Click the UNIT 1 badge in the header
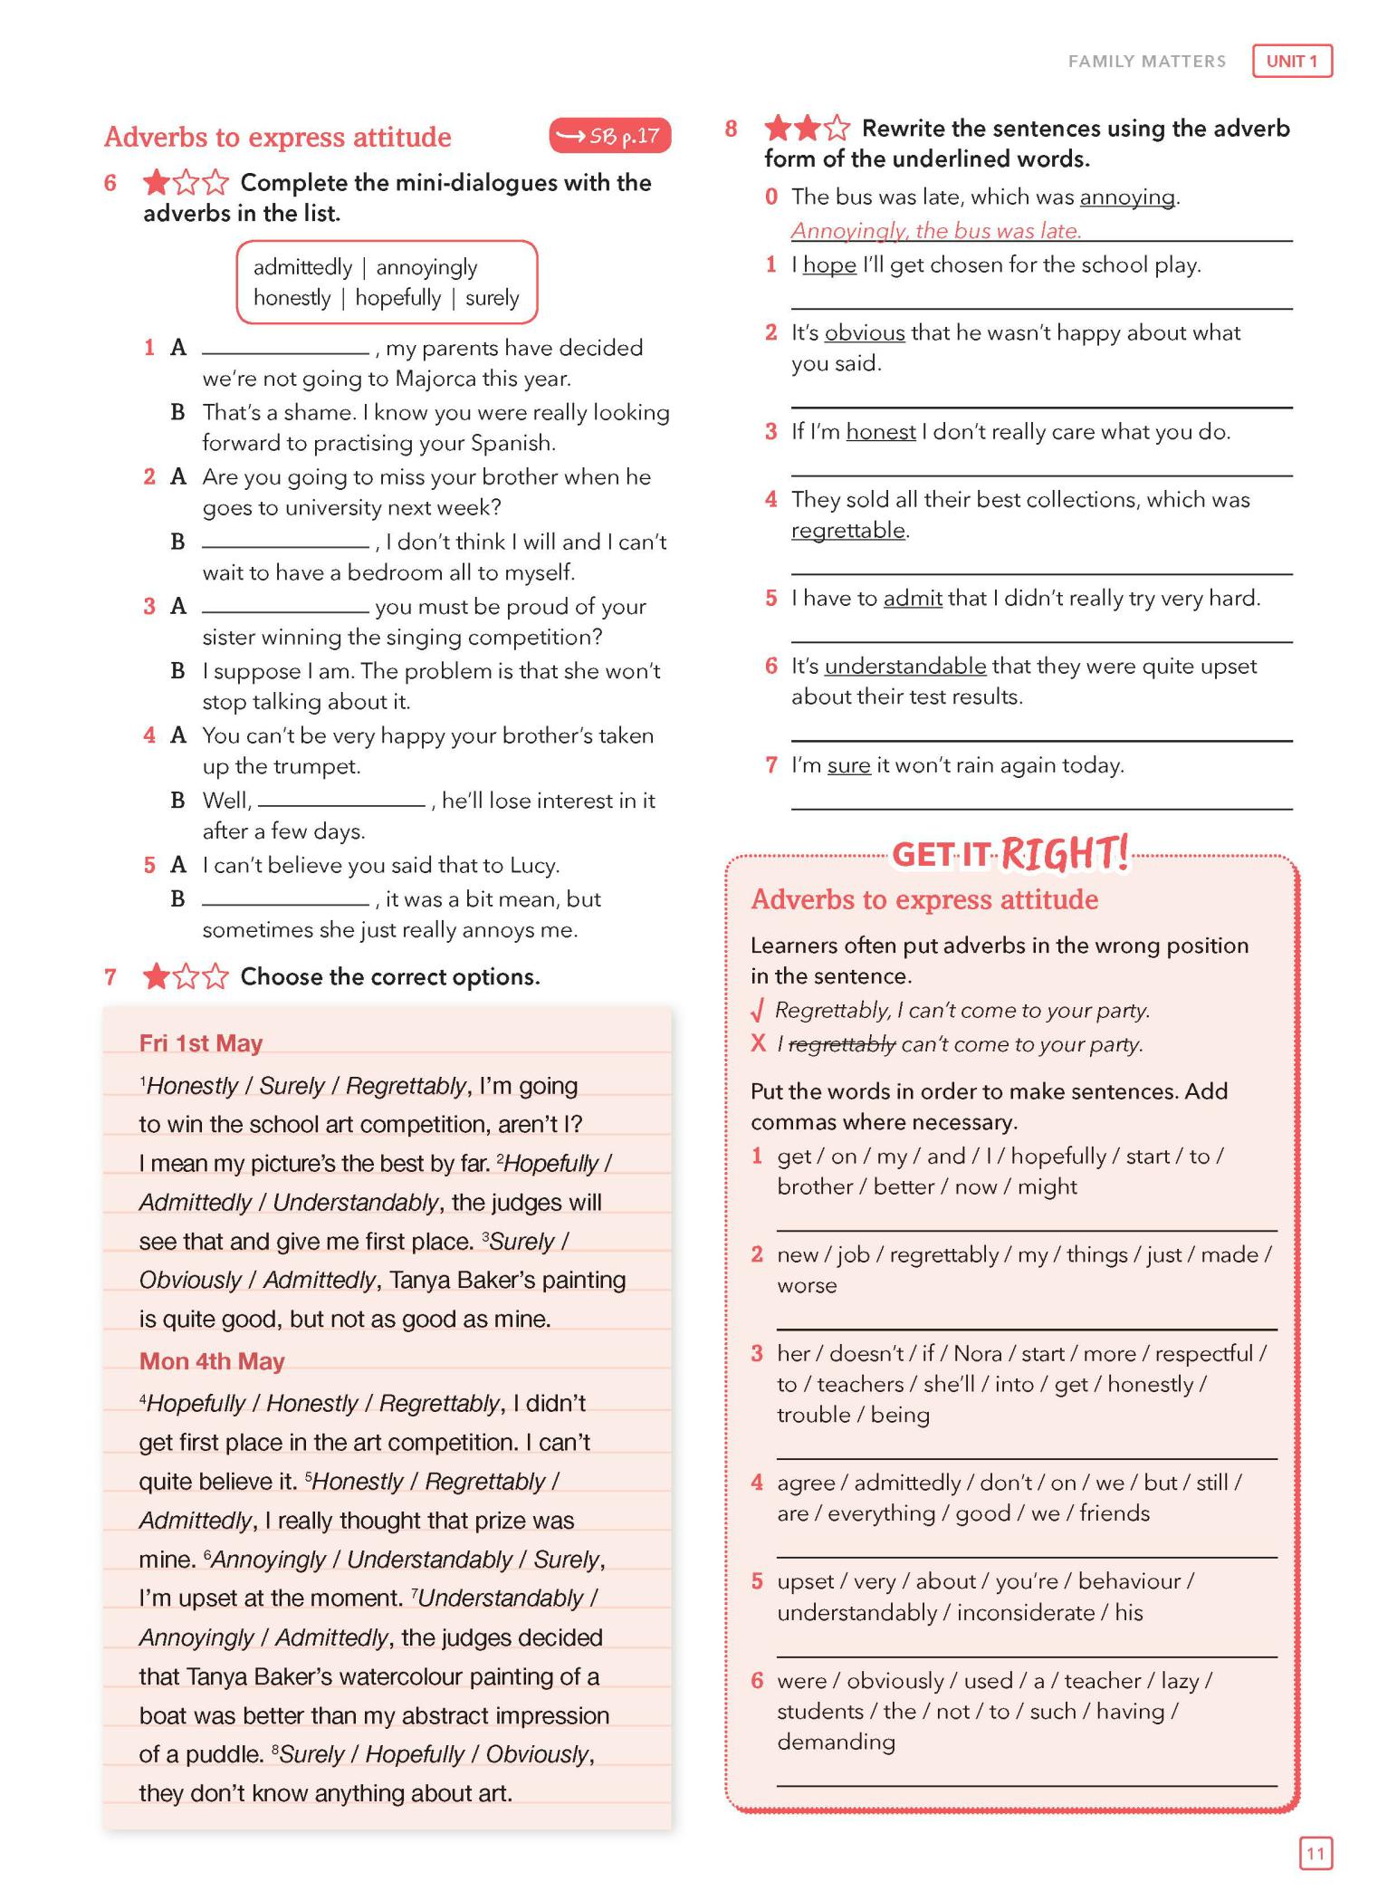[x=1291, y=62]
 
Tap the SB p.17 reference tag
[x=609, y=136]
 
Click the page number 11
[x=1315, y=1853]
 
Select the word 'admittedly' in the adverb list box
[x=302, y=267]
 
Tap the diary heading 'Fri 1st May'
[x=200, y=1043]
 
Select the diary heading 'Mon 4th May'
[x=211, y=1361]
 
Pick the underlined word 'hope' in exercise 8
[x=829, y=265]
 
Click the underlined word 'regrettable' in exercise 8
[x=847, y=530]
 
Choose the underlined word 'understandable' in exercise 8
[x=904, y=667]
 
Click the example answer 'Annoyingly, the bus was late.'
[x=935, y=231]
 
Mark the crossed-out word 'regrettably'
[x=842, y=1044]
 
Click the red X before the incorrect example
[x=759, y=1044]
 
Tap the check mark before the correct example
[x=759, y=1010]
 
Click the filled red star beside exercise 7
[x=156, y=976]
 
